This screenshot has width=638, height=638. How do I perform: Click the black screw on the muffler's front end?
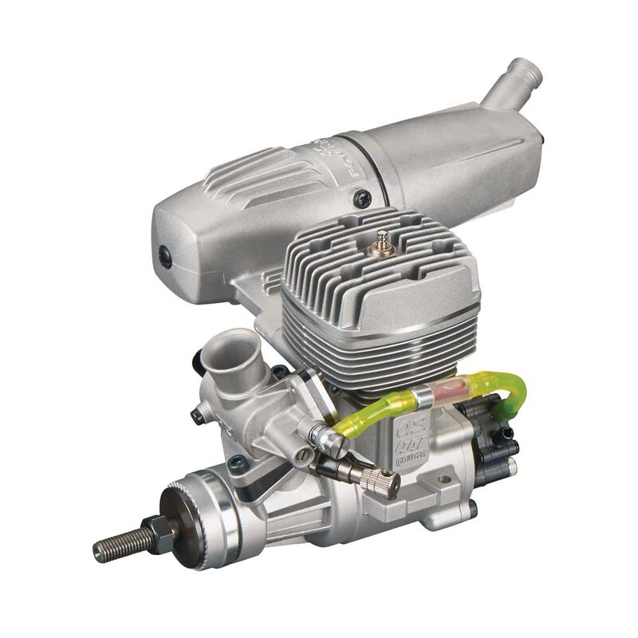pos(165,256)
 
